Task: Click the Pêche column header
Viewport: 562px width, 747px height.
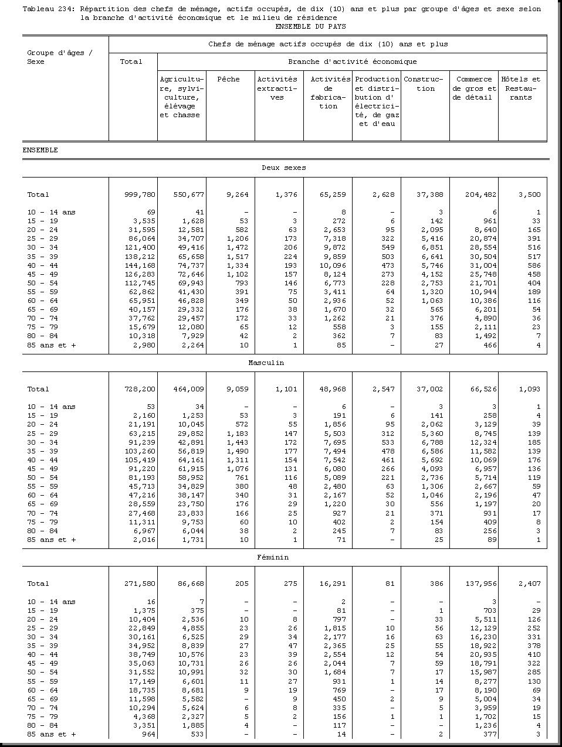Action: [x=228, y=80]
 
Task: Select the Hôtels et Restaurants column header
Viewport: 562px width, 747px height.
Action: [x=520, y=88]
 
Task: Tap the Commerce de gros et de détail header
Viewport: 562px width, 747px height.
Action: [x=474, y=88]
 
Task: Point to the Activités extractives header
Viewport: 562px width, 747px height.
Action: [x=277, y=88]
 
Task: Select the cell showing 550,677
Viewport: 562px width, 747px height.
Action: [x=188, y=195]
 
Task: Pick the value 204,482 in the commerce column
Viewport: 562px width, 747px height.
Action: [x=480, y=195]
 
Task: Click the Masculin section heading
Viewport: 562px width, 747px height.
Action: [x=266, y=363]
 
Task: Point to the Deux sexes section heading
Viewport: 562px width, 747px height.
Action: [x=284, y=168]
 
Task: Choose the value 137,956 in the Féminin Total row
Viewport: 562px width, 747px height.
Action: [x=480, y=584]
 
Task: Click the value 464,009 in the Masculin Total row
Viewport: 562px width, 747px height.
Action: [x=188, y=389]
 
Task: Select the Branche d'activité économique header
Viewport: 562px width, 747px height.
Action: [x=352, y=62]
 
